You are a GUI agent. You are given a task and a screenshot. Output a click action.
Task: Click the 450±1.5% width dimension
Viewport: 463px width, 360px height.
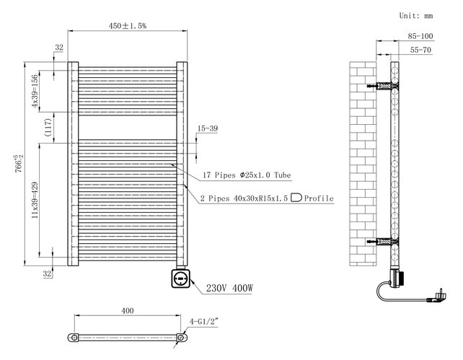[x=127, y=26]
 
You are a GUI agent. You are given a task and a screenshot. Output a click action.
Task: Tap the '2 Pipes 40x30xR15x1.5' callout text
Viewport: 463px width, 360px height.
[x=245, y=198]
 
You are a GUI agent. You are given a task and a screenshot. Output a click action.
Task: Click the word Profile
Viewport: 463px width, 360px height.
[x=319, y=198]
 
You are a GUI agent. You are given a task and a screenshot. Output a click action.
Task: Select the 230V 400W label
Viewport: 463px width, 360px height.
[x=230, y=288]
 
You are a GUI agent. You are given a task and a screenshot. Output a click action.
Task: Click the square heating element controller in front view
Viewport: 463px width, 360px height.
[x=180, y=277]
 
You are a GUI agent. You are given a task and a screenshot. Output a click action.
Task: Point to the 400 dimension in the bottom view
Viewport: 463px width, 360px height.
[x=127, y=311]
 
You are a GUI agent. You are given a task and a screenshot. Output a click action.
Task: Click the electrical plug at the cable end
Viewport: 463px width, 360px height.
[x=439, y=294]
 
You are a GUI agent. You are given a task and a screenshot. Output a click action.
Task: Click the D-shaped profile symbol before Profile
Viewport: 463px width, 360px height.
[x=296, y=198]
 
